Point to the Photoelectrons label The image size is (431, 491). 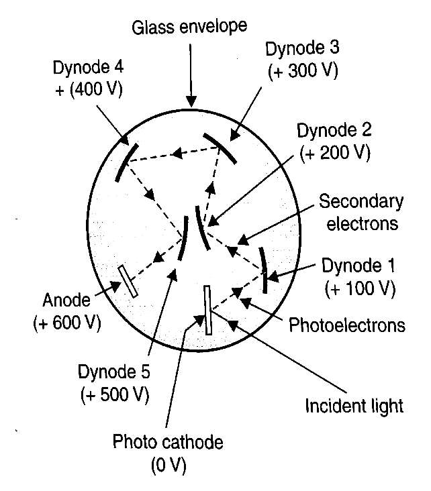click(347, 326)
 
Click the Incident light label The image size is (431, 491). click(354, 406)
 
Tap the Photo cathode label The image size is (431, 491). click(168, 442)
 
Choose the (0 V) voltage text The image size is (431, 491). click(168, 464)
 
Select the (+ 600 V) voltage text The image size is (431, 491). click(66, 323)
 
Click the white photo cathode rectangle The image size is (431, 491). click(208, 309)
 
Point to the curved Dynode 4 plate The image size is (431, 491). click(125, 162)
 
